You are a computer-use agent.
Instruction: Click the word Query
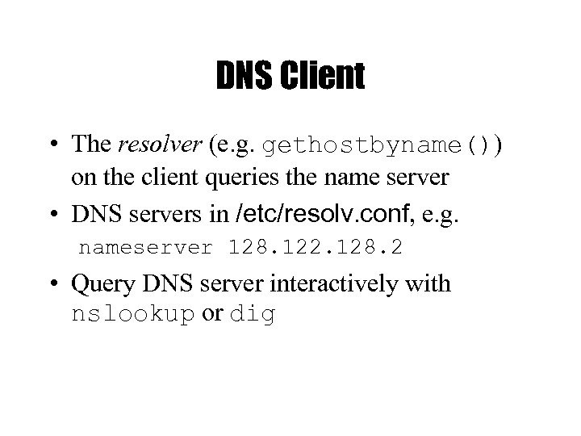[97, 284]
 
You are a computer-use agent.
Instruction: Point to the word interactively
[334, 284]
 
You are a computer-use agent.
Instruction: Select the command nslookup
[133, 315]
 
